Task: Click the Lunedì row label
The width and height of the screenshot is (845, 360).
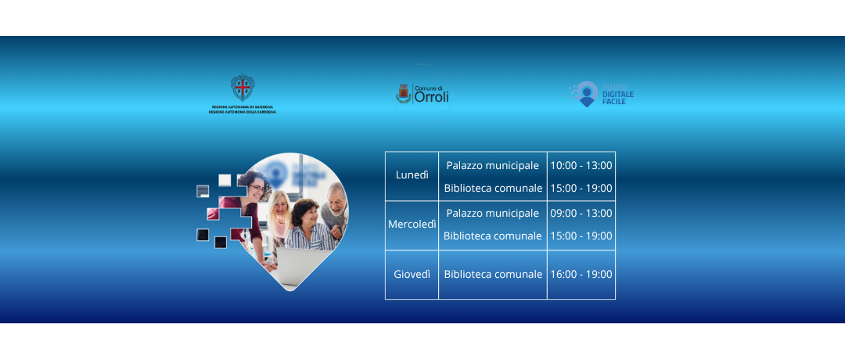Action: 412,175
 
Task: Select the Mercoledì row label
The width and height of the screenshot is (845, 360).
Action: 412,225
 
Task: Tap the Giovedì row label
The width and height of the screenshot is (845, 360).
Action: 412,274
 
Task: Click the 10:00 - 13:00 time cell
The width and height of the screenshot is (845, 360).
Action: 581,165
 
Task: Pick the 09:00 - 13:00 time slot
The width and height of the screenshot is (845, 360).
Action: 581,213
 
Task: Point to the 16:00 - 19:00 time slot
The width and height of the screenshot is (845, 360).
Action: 581,274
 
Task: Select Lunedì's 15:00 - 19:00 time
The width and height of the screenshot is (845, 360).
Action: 581,188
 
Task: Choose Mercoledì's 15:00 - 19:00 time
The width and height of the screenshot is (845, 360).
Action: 581,236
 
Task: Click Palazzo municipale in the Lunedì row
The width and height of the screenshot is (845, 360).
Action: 492,165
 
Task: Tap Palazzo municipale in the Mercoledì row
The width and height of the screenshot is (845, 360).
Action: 492,213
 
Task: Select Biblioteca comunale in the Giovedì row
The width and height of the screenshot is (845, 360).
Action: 493,274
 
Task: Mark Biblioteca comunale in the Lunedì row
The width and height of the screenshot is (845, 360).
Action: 493,188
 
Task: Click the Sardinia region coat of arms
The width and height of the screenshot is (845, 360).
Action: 243,88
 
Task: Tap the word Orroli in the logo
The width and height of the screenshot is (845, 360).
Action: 431,97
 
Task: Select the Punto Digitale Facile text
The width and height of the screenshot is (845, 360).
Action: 617,95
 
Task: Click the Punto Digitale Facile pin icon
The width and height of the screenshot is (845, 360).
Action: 585,94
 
